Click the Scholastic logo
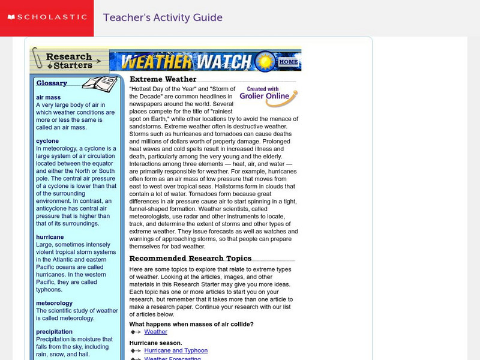tap(47, 18)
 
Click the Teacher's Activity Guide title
tap(163, 18)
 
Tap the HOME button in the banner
tap(289, 62)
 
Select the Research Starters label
tap(70, 61)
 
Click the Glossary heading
tap(52, 83)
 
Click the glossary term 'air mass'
tap(48, 97)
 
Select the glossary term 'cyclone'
tap(47, 141)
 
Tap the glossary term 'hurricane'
tap(50, 237)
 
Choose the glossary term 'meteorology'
tap(54, 303)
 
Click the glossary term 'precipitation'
tap(54, 331)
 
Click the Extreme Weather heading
tap(163, 79)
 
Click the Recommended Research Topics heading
tap(191, 259)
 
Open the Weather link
tap(156, 332)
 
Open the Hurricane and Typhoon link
tap(176, 350)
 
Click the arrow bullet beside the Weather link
tap(136, 332)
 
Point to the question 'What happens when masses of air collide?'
tap(191, 324)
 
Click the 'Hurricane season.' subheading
tap(155, 343)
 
